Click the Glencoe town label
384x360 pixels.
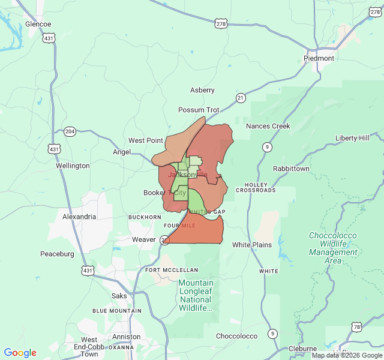pos(38,24)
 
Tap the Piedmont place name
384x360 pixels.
pos(319,58)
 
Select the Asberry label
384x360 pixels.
pos(202,90)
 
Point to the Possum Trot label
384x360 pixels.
pos(199,110)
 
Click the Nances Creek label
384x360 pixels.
pos(268,126)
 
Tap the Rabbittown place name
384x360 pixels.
pos(291,169)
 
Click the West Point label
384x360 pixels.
pos(145,140)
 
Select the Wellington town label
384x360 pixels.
pos(73,165)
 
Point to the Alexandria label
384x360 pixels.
pos(79,217)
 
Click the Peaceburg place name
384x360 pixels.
pos(58,254)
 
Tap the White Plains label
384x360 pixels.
pos(252,245)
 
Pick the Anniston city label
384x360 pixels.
pos(126,337)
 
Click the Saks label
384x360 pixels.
pos(119,296)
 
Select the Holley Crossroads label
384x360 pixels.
pos(256,187)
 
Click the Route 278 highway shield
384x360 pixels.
pos(221,23)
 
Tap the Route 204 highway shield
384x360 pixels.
pos(70,131)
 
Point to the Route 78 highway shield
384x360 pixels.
pos(357,327)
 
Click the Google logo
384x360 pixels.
pos(20,353)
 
